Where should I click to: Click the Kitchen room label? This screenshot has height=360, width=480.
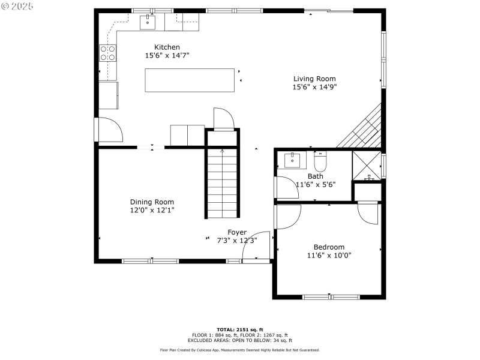click(x=167, y=47)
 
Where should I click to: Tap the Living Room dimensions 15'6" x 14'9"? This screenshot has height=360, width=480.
click(x=314, y=87)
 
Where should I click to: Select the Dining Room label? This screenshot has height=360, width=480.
click(x=152, y=202)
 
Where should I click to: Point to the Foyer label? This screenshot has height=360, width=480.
click(x=236, y=232)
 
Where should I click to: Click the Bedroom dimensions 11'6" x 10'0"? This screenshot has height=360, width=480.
click(x=329, y=255)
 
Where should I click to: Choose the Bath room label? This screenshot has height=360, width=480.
click(x=315, y=176)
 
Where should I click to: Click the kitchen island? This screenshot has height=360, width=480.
click(x=189, y=80)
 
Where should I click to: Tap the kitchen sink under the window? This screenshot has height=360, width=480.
click(x=148, y=23)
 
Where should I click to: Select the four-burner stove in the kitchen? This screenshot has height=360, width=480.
click(x=107, y=54)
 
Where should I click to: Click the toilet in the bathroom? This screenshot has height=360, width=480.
click(x=320, y=162)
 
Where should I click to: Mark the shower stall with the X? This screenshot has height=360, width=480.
click(x=367, y=165)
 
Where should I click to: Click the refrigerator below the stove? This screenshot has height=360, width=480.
click(x=108, y=95)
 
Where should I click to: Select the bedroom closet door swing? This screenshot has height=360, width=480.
click(x=368, y=215)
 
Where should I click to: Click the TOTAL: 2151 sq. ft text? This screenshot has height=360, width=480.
click(x=240, y=329)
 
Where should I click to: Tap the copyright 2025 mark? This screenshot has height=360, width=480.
click(x=17, y=5)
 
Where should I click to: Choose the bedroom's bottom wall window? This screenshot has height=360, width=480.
click(x=331, y=296)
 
